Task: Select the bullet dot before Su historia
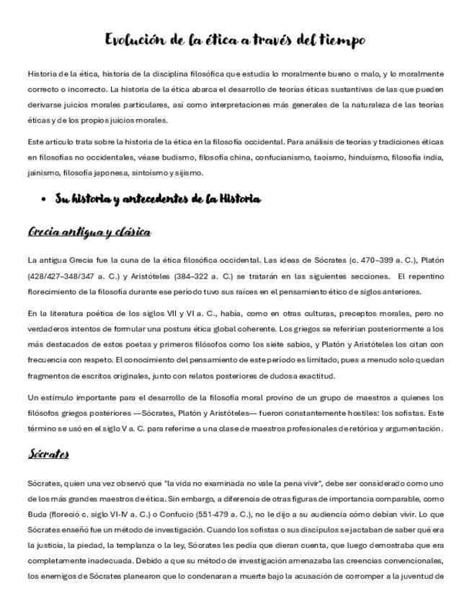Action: click(44, 200)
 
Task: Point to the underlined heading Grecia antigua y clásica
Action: click(89, 232)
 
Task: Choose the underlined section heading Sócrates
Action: click(48, 454)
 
